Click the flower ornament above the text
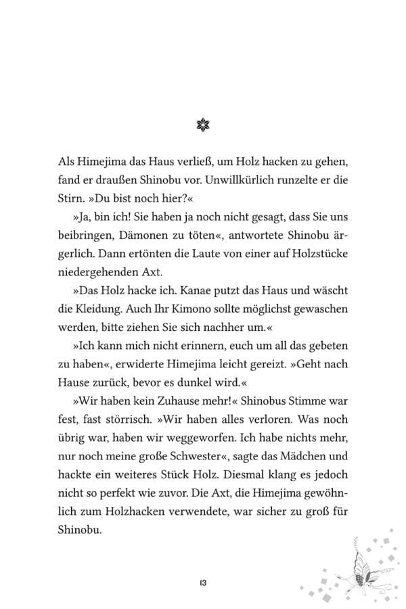203,125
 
